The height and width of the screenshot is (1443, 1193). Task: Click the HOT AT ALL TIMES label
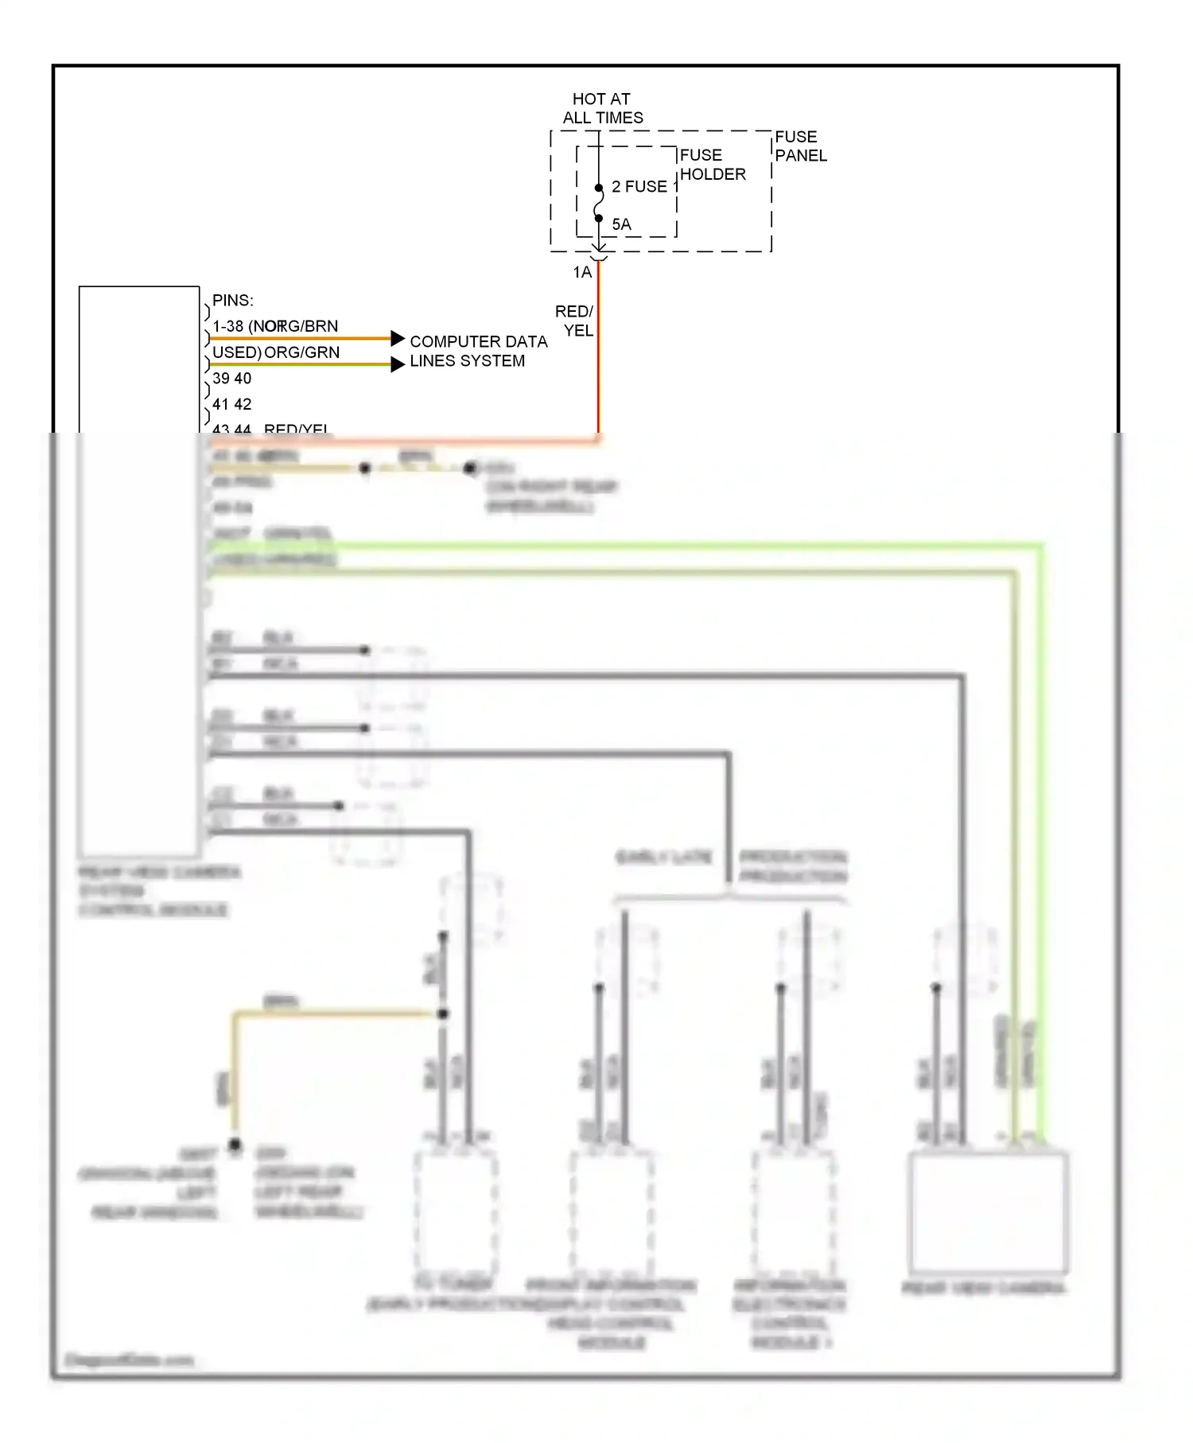pos(602,108)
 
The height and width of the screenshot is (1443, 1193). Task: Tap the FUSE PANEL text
pos(800,146)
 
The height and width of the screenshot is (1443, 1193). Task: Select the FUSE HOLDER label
pos(712,165)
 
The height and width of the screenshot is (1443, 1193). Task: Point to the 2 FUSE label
pos(639,186)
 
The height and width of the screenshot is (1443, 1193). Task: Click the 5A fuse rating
pos(621,224)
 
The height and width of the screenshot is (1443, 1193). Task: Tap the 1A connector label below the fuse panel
pos(582,272)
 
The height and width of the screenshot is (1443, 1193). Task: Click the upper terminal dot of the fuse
pos(599,189)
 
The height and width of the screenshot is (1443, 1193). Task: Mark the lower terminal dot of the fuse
pos(599,218)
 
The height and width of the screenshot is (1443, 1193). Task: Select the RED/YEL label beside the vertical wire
pos(575,321)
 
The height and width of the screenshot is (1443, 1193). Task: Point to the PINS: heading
pos(232,300)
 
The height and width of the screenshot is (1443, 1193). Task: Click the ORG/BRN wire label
pos(302,326)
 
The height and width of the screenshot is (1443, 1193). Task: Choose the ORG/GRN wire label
pos(301,352)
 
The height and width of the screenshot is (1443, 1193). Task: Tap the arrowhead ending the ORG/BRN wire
pos(398,338)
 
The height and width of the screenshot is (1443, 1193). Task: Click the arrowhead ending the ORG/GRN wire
pos(398,364)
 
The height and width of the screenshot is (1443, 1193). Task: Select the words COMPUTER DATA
pos(478,341)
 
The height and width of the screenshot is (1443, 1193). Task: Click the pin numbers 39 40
pos(231,378)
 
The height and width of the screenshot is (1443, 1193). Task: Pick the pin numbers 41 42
pos(231,404)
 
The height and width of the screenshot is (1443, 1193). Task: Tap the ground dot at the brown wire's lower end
pos(235,1144)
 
